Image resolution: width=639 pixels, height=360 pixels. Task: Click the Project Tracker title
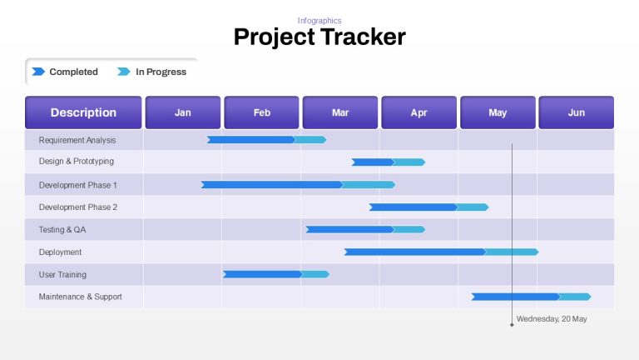(319, 37)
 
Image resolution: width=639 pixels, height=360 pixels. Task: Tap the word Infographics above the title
(319, 20)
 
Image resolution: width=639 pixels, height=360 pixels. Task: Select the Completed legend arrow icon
(38, 72)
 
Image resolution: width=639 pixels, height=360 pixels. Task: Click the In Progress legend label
(161, 72)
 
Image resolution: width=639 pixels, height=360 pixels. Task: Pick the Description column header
(83, 112)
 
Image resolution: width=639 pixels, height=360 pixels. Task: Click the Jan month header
(183, 112)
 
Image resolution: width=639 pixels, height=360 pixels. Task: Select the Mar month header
(340, 112)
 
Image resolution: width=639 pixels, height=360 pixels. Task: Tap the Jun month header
(577, 112)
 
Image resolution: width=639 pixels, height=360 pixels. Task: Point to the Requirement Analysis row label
(77, 140)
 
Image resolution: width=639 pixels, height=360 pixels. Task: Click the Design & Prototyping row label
(77, 161)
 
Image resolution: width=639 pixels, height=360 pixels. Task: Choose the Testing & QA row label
(62, 229)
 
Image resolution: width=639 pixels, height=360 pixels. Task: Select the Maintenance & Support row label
(80, 297)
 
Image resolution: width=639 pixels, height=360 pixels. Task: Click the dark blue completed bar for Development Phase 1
(272, 185)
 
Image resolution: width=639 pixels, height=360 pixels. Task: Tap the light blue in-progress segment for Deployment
(512, 252)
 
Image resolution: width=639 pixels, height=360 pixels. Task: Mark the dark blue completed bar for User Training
(263, 274)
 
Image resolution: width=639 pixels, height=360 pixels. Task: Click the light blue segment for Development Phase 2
(472, 207)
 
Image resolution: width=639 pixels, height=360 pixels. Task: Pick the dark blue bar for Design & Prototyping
(373, 162)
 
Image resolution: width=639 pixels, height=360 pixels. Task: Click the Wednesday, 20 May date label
(552, 319)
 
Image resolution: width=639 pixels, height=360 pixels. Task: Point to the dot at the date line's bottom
(512, 325)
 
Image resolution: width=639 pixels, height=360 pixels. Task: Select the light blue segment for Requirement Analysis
(310, 140)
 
